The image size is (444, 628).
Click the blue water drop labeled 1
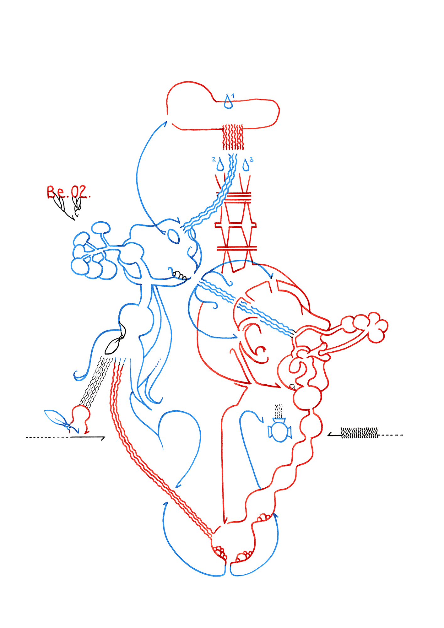click(228, 102)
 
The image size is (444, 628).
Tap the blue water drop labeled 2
click(220, 165)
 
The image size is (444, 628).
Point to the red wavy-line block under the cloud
click(233, 137)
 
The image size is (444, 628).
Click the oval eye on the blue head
click(173, 236)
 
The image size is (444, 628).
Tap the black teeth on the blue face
click(180, 275)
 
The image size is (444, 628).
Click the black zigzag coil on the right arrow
click(360, 433)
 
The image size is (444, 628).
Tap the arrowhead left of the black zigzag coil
click(330, 435)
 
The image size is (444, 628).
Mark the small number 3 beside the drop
click(251, 160)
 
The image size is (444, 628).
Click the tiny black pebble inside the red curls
click(292, 386)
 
